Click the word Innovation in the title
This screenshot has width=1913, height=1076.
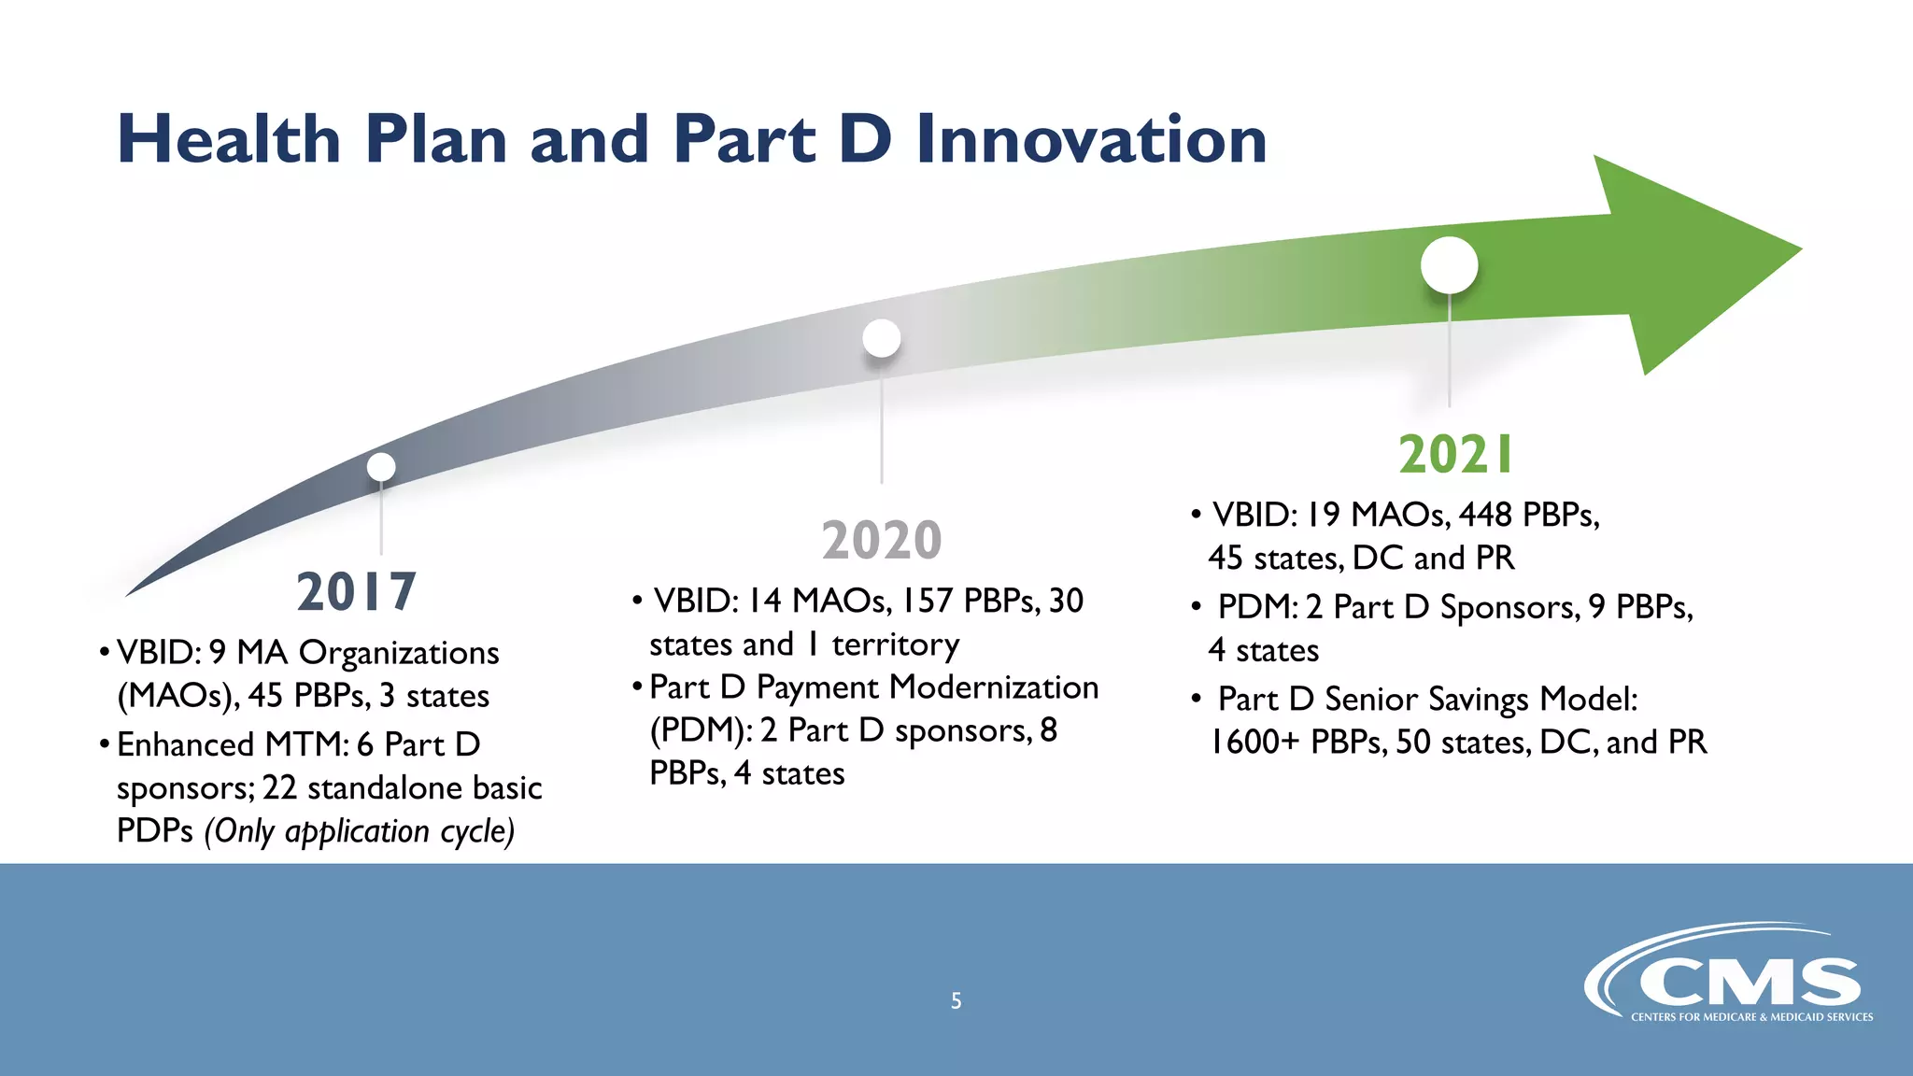click(x=1091, y=140)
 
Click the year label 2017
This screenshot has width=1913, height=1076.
click(x=356, y=592)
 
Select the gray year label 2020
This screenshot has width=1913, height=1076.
click(x=882, y=540)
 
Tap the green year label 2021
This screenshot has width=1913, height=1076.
click(x=1455, y=455)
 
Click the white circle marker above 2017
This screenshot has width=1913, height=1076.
click(x=381, y=466)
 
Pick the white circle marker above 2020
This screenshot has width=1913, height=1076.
click(x=882, y=337)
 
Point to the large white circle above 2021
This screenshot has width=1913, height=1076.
click(x=1449, y=265)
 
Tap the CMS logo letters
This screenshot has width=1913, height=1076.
click(x=1749, y=983)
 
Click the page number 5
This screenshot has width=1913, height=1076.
click(x=956, y=1001)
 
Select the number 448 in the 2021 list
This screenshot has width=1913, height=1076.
click(x=1485, y=515)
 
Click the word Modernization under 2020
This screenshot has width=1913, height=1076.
click(x=994, y=687)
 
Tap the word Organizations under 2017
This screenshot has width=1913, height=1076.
click(x=399, y=653)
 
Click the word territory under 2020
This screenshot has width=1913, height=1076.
click(x=895, y=644)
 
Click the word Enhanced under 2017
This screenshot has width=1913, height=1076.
click(x=185, y=744)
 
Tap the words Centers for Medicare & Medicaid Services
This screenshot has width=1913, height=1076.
click(x=1751, y=1017)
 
